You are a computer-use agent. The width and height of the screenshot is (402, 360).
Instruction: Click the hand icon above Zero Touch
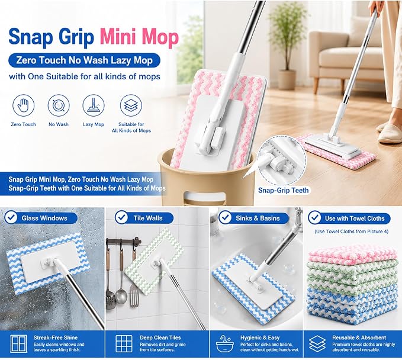click(x=23, y=105)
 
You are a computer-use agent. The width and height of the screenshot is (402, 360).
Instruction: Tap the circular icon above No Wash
click(x=59, y=105)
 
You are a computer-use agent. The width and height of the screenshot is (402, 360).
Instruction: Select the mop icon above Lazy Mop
click(x=94, y=105)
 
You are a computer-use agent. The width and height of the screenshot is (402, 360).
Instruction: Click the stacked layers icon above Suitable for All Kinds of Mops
click(x=131, y=105)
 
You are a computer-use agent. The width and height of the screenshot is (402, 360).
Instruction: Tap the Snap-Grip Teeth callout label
click(x=284, y=190)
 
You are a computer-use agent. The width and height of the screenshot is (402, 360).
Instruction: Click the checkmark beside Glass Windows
click(x=11, y=218)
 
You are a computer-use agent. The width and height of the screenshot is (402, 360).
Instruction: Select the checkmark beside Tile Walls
click(x=121, y=217)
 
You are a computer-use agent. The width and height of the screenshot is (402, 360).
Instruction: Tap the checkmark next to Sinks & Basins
click(x=225, y=217)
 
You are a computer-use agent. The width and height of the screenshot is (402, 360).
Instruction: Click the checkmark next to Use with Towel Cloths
click(x=314, y=217)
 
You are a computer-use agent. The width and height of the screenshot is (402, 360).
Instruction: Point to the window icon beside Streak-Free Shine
click(x=19, y=343)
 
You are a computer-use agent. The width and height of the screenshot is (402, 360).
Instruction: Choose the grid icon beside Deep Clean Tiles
click(x=124, y=343)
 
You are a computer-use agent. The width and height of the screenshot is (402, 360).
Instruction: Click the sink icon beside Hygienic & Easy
click(x=224, y=344)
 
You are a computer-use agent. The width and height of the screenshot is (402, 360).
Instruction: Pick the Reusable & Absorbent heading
click(x=359, y=337)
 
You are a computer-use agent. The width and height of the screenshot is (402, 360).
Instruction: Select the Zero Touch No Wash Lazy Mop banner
click(x=84, y=60)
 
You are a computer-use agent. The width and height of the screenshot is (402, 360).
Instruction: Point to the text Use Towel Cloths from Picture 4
click(x=351, y=232)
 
